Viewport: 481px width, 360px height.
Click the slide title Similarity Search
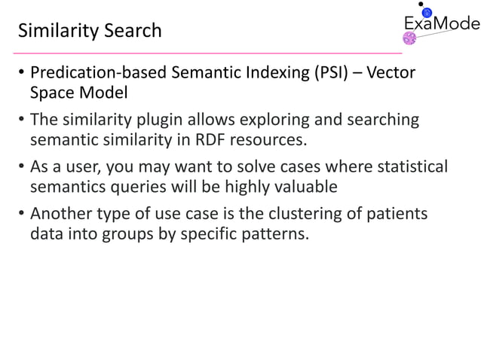pyautogui.click(x=89, y=31)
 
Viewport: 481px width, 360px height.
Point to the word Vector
pyautogui.click(x=391, y=77)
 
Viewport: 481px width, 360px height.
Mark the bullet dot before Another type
pyautogui.click(x=22, y=215)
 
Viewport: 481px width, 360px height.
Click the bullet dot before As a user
pyautogui.click(x=22, y=166)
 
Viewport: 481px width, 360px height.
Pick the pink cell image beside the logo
pyautogui.click(x=412, y=39)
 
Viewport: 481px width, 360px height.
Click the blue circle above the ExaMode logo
pyautogui.click(x=427, y=13)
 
